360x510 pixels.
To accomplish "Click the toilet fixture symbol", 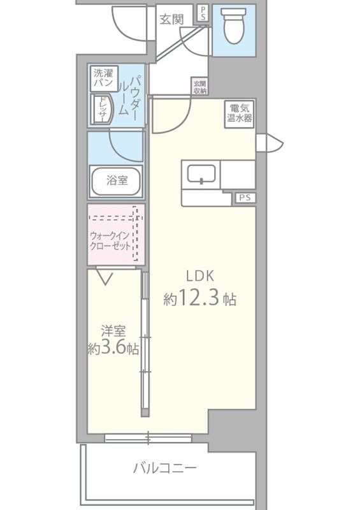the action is [x=233, y=25].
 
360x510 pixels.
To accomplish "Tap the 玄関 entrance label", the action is [x=171, y=20].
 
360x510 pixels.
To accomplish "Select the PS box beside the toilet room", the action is [x=203, y=13].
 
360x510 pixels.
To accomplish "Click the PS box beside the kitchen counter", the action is [x=245, y=198].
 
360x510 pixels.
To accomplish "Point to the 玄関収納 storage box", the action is [x=200, y=87].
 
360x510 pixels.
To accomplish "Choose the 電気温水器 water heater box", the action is [x=240, y=114].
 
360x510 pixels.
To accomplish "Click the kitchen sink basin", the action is [x=201, y=174].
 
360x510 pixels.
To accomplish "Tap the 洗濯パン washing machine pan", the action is [x=104, y=78].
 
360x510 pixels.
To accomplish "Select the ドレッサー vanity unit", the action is [x=102, y=109].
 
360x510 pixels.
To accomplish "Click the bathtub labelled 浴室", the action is [x=116, y=180].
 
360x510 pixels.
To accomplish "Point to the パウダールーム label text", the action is [x=129, y=95].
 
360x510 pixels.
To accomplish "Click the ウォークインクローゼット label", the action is [x=110, y=240].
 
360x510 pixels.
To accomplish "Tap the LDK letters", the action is [x=200, y=276].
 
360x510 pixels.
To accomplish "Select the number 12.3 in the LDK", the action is [x=198, y=298].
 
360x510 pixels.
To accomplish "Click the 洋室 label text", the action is [x=113, y=331].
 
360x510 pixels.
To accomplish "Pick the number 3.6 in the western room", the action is [x=113, y=348].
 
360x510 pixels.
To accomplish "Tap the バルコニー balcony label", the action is [x=165, y=469].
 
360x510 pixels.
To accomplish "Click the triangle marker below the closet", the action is [x=105, y=279].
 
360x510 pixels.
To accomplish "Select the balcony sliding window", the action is [x=148, y=438].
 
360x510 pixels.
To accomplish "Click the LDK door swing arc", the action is [x=179, y=124].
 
